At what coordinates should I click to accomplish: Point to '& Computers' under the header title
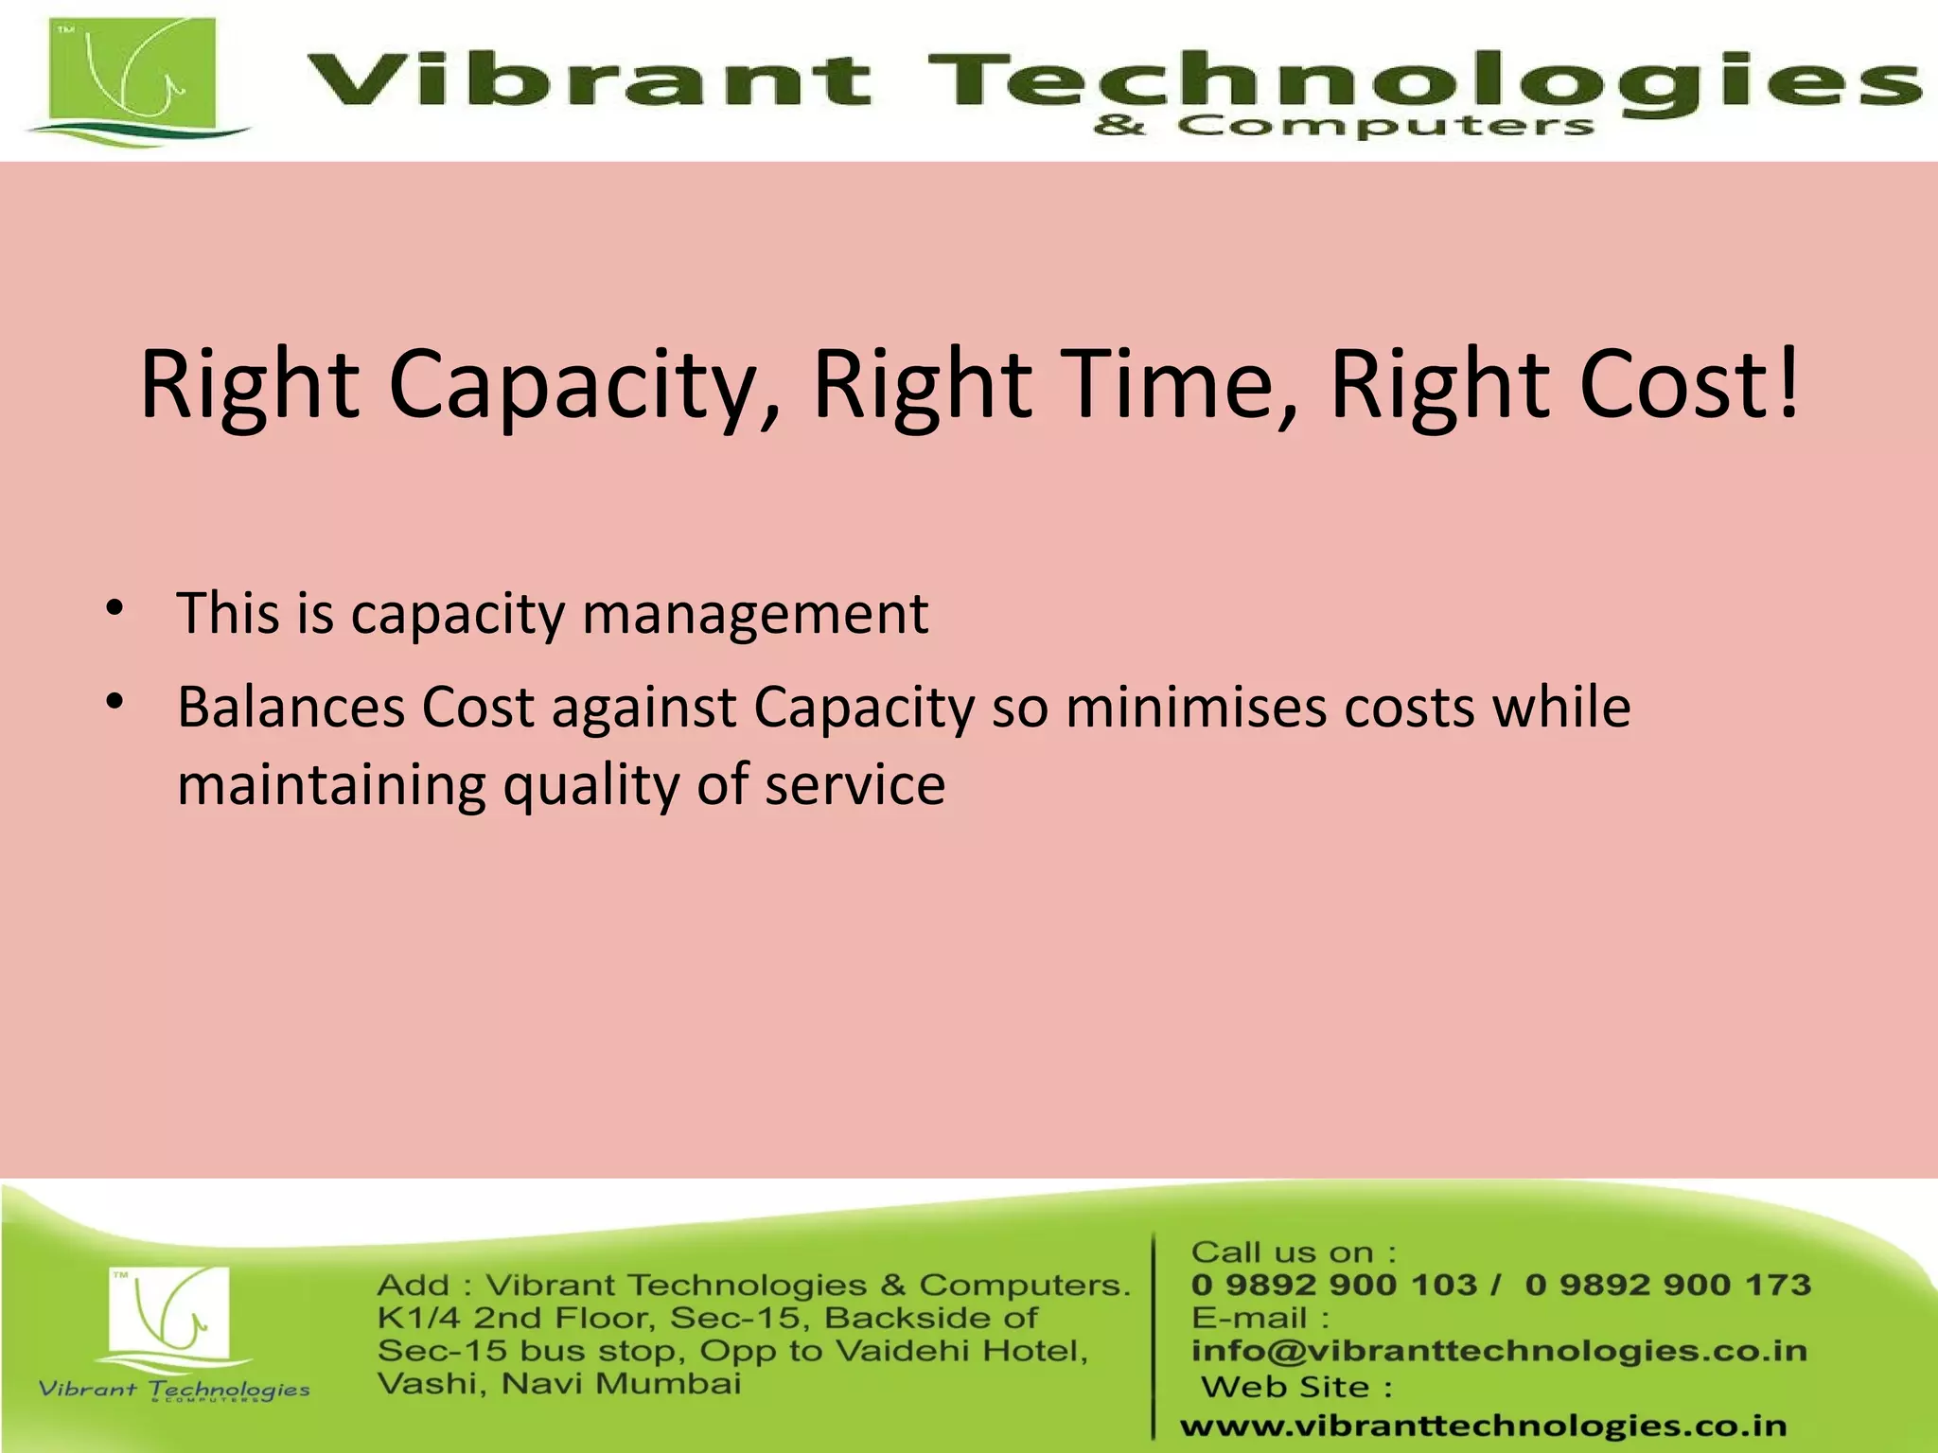[1344, 126]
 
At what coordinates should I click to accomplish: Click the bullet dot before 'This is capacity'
[115, 608]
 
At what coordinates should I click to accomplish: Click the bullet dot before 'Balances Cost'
[115, 702]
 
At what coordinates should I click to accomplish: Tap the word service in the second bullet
[854, 786]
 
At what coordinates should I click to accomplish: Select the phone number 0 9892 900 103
[1333, 1286]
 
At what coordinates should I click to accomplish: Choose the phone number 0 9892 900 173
[1668, 1286]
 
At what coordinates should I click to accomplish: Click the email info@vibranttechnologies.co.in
[1499, 1351]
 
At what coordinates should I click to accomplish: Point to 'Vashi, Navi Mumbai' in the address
[559, 1384]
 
